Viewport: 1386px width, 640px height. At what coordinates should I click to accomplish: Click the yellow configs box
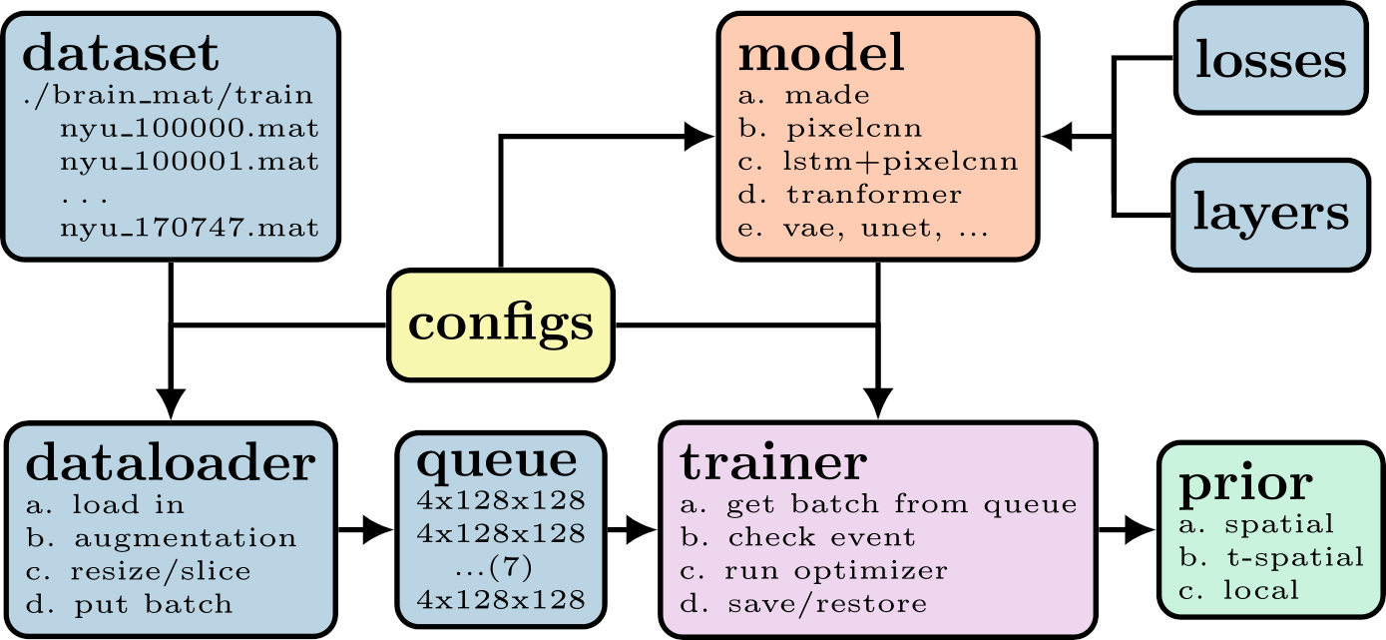coord(500,324)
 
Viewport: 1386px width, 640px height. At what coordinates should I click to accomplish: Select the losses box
coord(1270,60)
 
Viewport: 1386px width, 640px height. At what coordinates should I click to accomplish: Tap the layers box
coord(1270,214)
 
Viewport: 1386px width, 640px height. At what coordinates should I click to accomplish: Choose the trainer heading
coord(772,461)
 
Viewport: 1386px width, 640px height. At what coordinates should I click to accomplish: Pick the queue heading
coord(496,459)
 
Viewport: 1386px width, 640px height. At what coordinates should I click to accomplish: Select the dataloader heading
coord(169,461)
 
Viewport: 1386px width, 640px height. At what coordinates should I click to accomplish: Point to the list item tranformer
coord(873,194)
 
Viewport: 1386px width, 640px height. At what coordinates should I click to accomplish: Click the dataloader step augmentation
coord(185,538)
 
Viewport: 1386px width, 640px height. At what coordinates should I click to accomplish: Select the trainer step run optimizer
coord(835,571)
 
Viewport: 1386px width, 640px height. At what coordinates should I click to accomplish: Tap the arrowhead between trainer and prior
coord(1138,530)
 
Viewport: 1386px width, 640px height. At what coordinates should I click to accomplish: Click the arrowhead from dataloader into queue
coord(377,530)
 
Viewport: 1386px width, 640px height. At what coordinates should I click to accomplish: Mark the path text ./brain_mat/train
coord(168,97)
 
